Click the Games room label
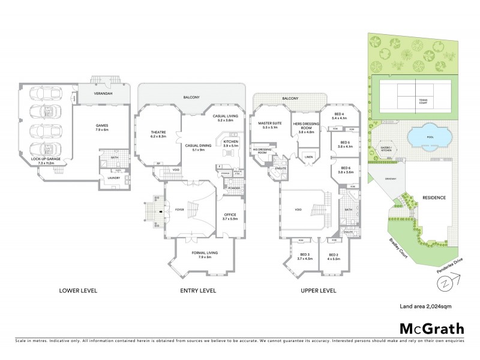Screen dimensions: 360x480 point(101,128)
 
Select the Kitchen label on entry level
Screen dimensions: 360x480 point(231,143)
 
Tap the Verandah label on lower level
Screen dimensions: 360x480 point(104,94)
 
